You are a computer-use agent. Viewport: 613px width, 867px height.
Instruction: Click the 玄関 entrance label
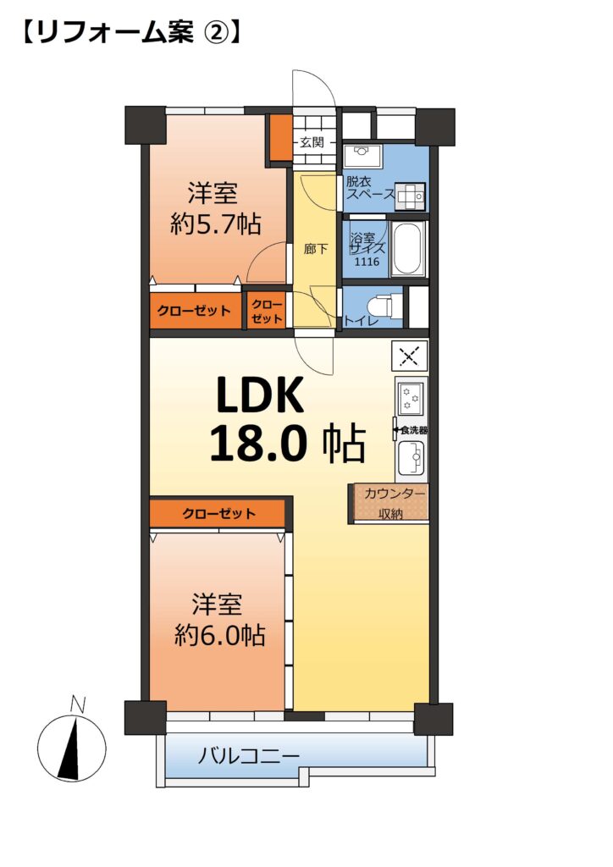312,142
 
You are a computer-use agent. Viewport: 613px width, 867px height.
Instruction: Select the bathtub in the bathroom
407,248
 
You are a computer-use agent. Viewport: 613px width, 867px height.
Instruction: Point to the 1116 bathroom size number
367,261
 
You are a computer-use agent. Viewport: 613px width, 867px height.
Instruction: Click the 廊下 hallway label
316,249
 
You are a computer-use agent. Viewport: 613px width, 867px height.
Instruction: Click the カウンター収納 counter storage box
389,503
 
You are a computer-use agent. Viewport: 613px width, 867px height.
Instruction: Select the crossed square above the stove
409,356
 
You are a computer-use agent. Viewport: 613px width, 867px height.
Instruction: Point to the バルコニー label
249,754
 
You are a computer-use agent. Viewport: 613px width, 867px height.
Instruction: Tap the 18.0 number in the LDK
257,442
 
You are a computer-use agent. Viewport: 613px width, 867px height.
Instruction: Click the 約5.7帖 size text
216,224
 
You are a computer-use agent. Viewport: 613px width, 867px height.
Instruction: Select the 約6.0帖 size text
219,635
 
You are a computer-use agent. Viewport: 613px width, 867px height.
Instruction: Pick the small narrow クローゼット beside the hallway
267,312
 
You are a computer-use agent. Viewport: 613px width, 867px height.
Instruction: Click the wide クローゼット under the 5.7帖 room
195,311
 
